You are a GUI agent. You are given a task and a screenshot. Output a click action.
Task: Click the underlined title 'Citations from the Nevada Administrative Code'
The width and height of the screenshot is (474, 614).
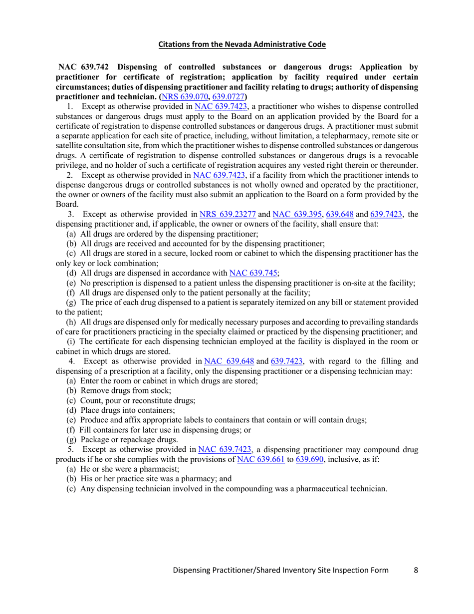point(242,44)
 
